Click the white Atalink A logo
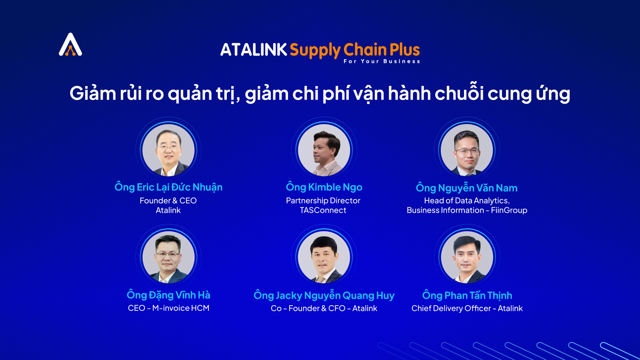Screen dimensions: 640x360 click(70, 44)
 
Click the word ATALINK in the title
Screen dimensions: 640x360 click(254, 50)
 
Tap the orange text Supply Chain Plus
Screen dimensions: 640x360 click(355, 50)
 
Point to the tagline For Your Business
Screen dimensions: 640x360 click(382, 62)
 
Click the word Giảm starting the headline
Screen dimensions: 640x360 click(92, 94)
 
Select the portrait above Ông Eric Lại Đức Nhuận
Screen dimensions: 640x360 click(168, 150)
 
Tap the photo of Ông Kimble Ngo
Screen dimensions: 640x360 click(324, 150)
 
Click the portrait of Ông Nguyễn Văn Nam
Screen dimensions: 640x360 click(467, 150)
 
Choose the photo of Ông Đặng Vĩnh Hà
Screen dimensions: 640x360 click(168, 257)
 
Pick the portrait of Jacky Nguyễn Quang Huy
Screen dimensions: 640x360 click(324, 257)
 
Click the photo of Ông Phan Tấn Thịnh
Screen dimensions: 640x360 click(467, 257)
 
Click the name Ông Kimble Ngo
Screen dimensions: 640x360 click(324, 187)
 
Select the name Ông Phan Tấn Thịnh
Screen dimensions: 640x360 click(467, 295)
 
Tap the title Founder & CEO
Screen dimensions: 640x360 click(168, 200)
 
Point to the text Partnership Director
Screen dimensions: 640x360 click(323, 200)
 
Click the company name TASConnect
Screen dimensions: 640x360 click(323, 210)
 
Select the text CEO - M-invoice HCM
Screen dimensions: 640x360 click(168, 308)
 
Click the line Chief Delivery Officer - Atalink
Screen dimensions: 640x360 click(467, 308)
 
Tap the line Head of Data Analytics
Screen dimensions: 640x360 click(467, 200)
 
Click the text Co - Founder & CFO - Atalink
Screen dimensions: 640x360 click(324, 308)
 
